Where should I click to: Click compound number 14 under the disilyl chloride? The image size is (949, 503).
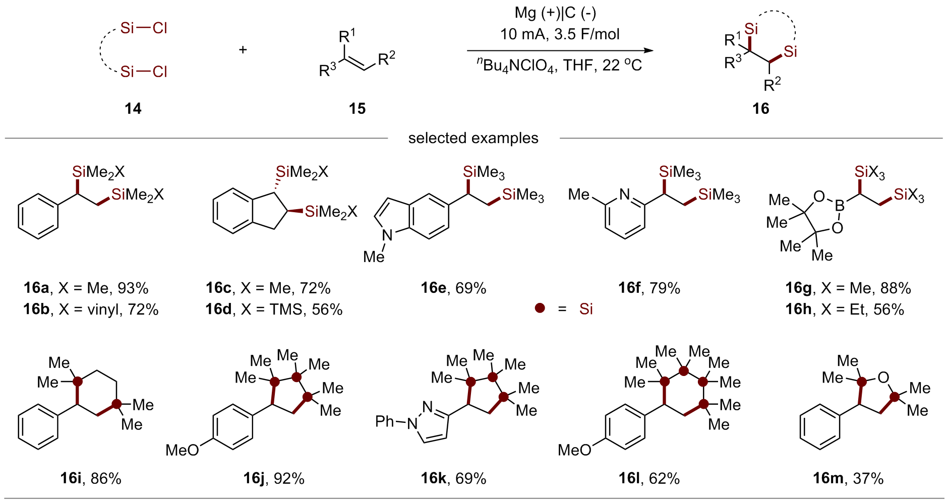(133, 108)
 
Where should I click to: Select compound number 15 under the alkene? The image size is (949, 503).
(357, 108)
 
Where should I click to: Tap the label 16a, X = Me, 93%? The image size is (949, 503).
(86, 288)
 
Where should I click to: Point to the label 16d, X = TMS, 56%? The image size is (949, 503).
(274, 309)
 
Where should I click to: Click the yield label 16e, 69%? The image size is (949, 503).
(453, 288)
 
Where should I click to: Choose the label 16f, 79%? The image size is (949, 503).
(649, 288)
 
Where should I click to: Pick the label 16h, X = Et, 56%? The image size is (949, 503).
(845, 309)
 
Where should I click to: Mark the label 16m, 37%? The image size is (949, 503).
(848, 478)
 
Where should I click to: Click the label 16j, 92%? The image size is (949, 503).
(274, 478)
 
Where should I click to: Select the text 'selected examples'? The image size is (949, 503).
(473, 138)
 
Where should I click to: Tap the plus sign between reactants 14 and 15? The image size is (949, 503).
(243, 49)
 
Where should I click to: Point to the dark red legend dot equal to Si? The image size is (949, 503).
(540, 308)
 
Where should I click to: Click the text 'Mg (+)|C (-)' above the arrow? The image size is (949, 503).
(555, 13)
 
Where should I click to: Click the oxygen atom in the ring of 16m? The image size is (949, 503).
(883, 378)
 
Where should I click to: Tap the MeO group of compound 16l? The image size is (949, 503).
(574, 450)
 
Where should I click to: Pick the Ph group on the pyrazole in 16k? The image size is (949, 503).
(385, 421)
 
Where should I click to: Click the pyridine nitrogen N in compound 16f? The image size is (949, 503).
(625, 194)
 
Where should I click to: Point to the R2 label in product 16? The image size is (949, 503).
(772, 84)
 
